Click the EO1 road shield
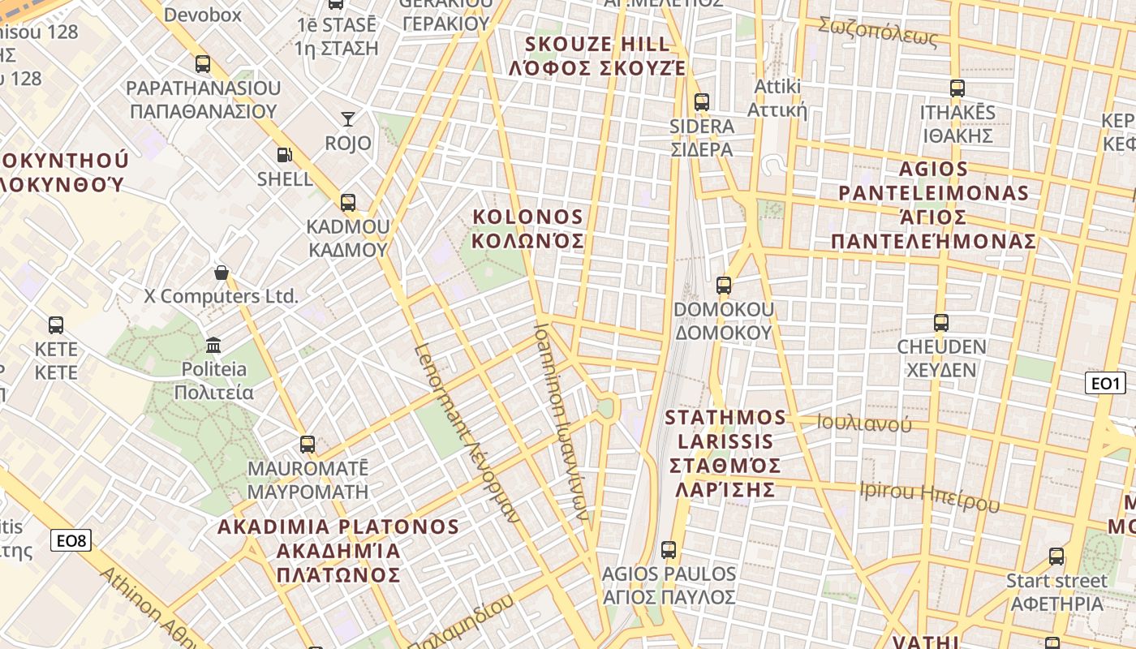[1104, 383]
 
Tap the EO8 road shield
[71, 540]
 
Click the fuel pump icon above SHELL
[284, 154]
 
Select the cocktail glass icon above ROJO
[348, 119]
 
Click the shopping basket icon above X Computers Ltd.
[221, 273]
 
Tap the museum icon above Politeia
[213, 346]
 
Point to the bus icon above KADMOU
[348, 202]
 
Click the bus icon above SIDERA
[702, 102]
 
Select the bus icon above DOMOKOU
[723, 286]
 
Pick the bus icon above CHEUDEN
[941, 323]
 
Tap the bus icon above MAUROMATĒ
[308, 445]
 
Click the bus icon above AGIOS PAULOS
[669, 550]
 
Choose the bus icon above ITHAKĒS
[957, 88]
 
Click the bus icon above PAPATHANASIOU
[203, 63]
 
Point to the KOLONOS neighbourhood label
[528, 229]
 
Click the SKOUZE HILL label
[597, 55]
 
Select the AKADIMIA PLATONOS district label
[338, 550]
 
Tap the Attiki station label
[777, 98]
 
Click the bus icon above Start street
[1056, 557]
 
